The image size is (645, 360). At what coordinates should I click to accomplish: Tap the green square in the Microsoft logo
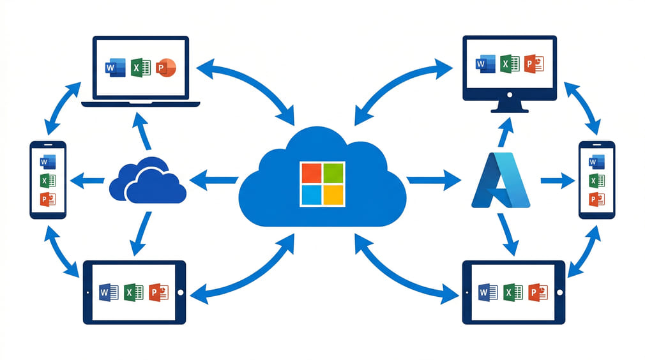coord(333,173)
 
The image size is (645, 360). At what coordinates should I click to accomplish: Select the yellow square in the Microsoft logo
coord(333,195)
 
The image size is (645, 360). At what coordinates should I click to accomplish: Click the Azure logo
coord(501,181)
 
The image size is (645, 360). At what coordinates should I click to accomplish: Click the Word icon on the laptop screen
coord(116,67)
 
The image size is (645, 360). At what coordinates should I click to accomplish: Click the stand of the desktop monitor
coord(509,105)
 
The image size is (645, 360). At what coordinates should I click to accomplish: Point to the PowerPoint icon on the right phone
coord(596,199)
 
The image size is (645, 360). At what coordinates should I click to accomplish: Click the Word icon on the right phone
coord(596,161)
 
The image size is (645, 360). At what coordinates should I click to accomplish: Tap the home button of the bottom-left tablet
coord(180,292)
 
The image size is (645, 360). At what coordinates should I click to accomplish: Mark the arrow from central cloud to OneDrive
coord(214,181)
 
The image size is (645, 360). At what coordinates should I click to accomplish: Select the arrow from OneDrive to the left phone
coord(86,181)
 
